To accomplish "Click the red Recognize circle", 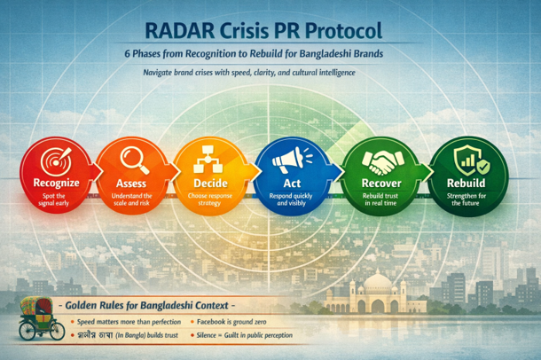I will click(54, 174).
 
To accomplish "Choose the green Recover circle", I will click(372, 174).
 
